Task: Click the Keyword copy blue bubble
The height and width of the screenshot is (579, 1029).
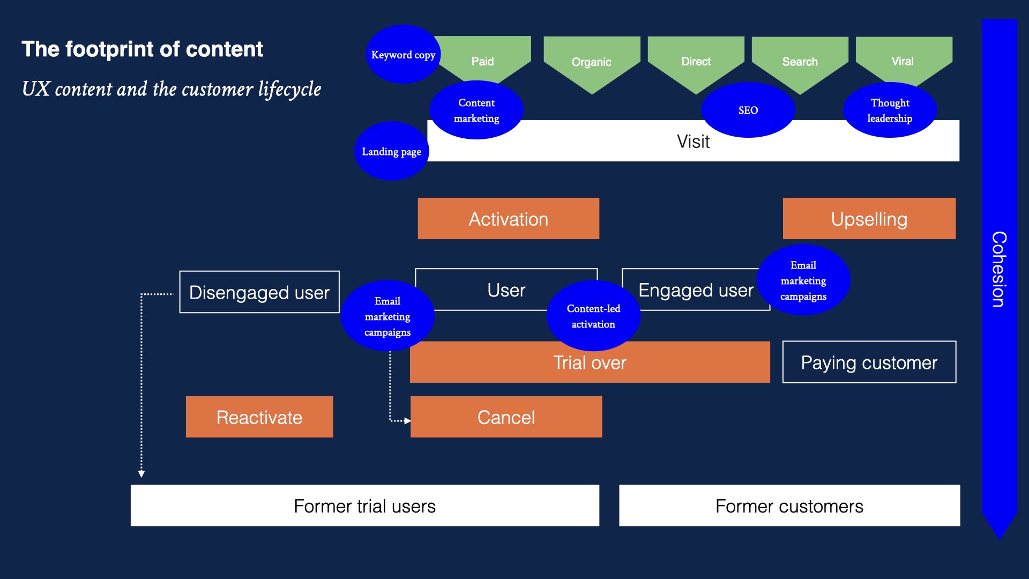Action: pos(403,54)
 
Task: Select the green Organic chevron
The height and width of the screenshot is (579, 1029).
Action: pos(591,62)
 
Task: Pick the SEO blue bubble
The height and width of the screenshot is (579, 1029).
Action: pos(748,110)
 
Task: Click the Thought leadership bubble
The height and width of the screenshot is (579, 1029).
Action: pos(890,110)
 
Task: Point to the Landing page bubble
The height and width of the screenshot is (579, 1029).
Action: pos(391,151)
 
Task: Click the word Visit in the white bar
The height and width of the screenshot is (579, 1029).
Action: pos(693,142)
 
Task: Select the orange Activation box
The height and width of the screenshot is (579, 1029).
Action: pos(508,219)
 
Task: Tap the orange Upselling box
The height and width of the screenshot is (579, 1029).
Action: pos(869,219)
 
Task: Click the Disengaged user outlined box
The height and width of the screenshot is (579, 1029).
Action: pos(259,292)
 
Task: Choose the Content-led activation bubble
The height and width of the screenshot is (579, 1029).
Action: pos(593,316)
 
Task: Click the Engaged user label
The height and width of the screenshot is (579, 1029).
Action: pos(695,290)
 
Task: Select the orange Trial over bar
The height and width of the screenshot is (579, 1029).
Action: pos(590,362)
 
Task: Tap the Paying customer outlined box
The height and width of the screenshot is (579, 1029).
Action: pos(869,362)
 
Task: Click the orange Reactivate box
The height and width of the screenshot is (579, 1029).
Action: pos(259,417)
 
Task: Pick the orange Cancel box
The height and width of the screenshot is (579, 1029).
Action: pos(506,417)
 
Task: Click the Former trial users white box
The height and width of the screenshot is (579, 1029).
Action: pos(364,506)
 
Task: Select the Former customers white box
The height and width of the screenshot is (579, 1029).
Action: pos(789,506)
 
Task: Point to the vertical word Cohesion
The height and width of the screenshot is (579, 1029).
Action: pos(998,269)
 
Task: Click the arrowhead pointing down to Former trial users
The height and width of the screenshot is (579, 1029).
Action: pos(141,473)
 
